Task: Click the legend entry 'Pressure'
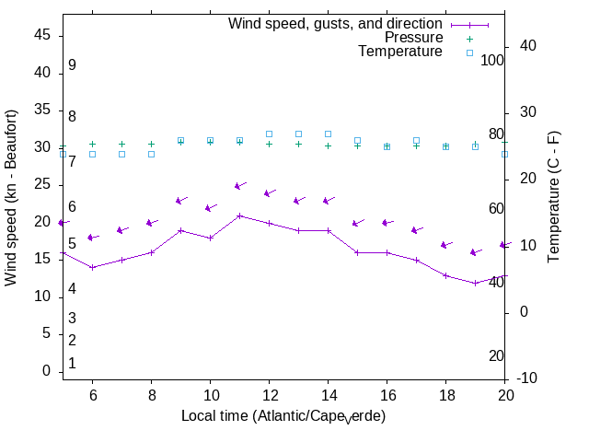click(413, 38)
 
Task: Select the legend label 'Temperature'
click(400, 52)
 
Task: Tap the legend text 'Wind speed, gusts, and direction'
click(335, 24)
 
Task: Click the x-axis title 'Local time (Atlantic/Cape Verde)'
click(283, 416)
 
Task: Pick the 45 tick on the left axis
click(42, 34)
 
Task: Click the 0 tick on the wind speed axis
click(46, 371)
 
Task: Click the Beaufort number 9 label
click(72, 65)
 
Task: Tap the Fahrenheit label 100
click(492, 60)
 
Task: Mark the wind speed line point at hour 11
click(239, 215)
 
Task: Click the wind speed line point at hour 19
click(475, 283)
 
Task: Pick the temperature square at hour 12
click(269, 134)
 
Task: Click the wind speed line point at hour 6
click(92, 267)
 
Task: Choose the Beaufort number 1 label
click(72, 364)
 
